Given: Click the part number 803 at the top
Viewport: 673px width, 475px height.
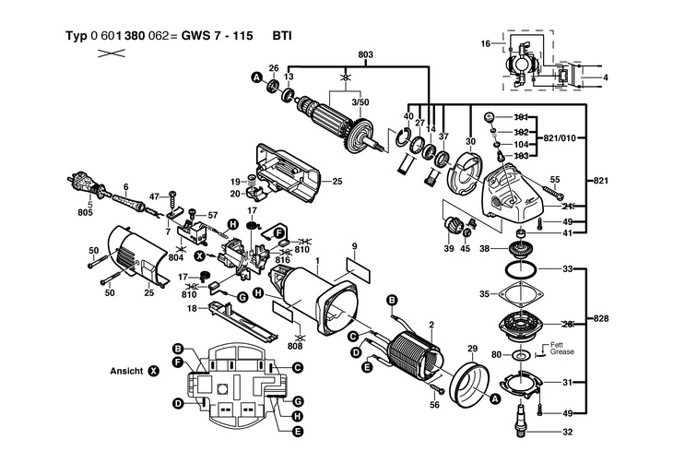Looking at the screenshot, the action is [365, 55].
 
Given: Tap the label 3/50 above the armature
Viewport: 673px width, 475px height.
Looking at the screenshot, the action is [360, 102].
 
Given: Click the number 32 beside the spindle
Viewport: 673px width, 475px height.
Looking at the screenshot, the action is [567, 432].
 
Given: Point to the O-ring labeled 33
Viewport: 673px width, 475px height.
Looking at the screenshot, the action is [520, 270].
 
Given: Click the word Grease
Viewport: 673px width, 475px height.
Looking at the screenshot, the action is [562, 351].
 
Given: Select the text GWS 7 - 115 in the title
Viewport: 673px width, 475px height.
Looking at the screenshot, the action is [217, 36].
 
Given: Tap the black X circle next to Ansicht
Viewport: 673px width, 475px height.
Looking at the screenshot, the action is [153, 372].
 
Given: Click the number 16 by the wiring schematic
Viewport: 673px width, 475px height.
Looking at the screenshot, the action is [486, 43].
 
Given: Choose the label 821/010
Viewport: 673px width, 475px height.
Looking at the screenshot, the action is [560, 138].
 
